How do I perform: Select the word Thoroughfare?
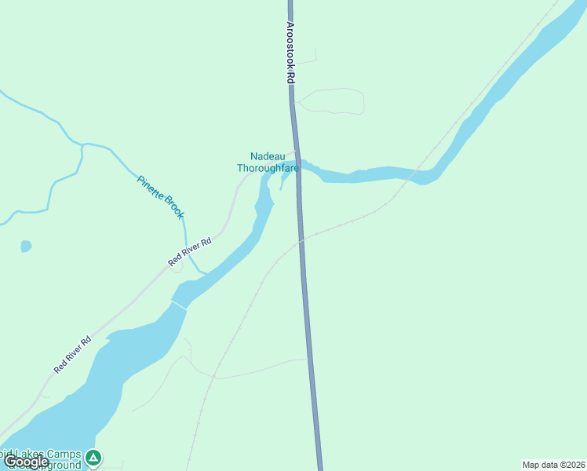pos(268,167)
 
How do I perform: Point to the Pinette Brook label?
pos(161,195)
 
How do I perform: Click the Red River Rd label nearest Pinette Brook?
pos(190,253)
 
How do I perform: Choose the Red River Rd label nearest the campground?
pos(73,354)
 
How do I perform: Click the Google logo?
pos(27,461)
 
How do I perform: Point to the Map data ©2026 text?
pos(553,464)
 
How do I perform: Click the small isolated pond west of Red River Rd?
pos(26,246)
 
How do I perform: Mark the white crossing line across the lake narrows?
pos(180,304)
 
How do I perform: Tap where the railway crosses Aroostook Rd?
pos(301,241)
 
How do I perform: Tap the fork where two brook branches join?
pos(82,145)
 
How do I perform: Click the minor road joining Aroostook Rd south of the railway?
pos(309,360)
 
